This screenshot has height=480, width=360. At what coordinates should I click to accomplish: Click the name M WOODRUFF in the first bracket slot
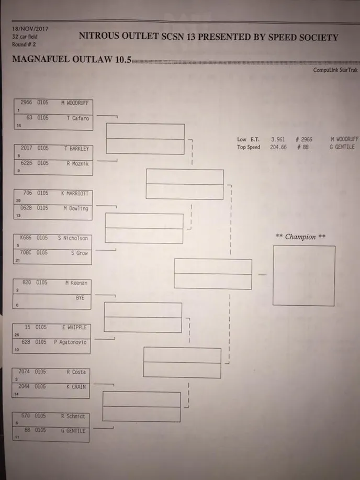(76, 103)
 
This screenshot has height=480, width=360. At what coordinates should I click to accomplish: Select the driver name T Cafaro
(78, 118)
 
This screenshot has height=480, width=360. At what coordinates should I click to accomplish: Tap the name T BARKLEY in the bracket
(76, 148)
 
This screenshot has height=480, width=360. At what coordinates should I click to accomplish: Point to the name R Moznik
(77, 163)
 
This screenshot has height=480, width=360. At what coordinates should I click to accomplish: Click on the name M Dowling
(75, 208)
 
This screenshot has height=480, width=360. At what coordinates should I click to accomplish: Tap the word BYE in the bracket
(80, 297)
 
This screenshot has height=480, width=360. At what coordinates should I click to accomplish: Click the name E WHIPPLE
(74, 327)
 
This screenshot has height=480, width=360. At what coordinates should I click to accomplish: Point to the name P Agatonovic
(70, 342)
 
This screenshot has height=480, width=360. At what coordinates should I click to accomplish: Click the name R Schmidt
(73, 416)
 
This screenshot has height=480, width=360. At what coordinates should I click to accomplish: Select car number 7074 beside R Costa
(25, 372)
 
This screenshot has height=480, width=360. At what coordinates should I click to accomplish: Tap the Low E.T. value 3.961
(278, 140)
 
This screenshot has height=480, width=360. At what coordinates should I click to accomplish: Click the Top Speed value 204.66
(279, 147)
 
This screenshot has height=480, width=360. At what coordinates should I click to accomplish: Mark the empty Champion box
(303, 275)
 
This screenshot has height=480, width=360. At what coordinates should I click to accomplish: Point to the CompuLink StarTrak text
(335, 70)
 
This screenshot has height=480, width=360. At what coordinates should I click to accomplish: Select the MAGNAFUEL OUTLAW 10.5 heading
(71, 59)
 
